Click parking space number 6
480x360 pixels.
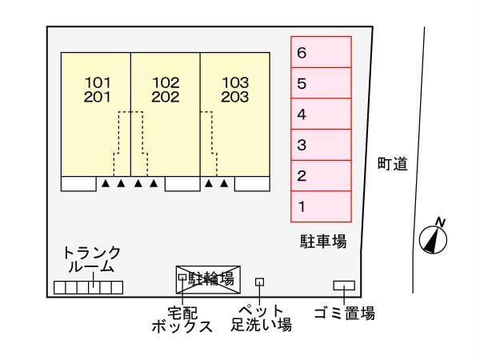(321, 52)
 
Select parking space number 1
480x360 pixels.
(321, 206)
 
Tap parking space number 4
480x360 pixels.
(321, 114)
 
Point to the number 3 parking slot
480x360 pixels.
(321, 145)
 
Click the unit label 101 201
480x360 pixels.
(97, 90)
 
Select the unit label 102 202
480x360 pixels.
(166, 90)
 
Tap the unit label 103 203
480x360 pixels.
(235, 90)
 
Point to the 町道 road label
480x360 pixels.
(393, 164)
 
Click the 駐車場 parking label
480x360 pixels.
(323, 242)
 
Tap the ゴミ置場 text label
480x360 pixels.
(345, 314)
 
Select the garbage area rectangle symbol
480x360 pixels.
(344, 286)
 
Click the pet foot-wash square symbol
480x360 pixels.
(259, 282)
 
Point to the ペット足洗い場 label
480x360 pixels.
(261, 318)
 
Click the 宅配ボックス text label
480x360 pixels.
(182, 319)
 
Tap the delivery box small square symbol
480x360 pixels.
(182, 277)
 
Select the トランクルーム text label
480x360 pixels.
(91, 259)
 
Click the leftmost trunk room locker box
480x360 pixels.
(60, 287)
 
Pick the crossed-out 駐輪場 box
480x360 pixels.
(208, 279)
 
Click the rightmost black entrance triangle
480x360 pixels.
(224, 183)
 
